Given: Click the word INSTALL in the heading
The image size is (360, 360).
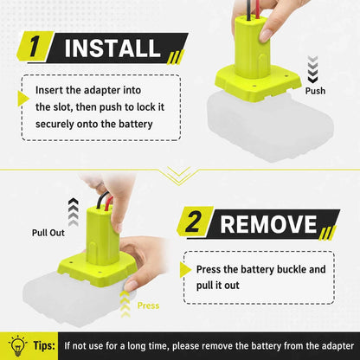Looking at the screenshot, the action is (x=112, y=48).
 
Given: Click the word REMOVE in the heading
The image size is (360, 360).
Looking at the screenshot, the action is (x=268, y=224).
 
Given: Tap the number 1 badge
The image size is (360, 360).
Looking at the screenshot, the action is (x=34, y=46).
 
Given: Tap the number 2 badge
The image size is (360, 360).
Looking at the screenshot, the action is (x=194, y=222).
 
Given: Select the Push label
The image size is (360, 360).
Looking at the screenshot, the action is (x=315, y=91).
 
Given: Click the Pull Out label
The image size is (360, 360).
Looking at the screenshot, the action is (x=48, y=233).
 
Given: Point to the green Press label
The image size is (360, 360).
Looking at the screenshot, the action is (x=148, y=305).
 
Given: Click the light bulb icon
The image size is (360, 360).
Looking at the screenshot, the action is (x=18, y=345).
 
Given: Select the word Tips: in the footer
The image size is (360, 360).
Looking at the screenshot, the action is (x=44, y=345).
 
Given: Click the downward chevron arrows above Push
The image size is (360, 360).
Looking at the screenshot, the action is (x=312, y=68).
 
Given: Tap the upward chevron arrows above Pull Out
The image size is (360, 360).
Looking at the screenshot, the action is (x=74, y=212).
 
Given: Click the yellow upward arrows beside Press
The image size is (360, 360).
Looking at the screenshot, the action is (x=125, y=304).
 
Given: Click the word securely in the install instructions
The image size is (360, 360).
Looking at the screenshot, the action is (x=55, y=124).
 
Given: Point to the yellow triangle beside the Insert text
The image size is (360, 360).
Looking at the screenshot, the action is (x=23, y=99).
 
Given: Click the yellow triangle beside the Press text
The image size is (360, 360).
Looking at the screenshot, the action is (x=185, y=270).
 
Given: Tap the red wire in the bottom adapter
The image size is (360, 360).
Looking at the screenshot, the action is (x=108, y=202).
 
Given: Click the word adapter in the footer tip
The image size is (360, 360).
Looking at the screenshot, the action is (x=337, y=346).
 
